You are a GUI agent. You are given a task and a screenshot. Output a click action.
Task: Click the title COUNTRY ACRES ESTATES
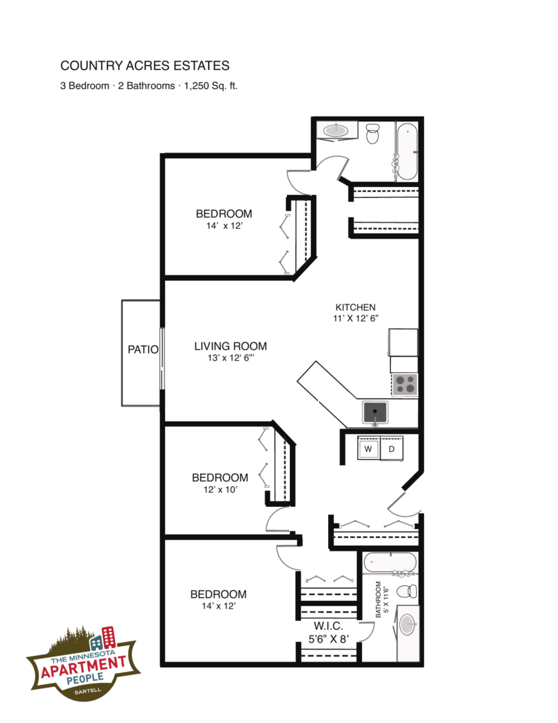(x=145, y=66)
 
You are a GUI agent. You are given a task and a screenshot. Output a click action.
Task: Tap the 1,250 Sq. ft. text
(x=211, y=85)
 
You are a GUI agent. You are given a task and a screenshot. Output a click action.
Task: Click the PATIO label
(x=142, y=349)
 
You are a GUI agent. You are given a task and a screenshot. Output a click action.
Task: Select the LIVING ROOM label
(x=231, y=346)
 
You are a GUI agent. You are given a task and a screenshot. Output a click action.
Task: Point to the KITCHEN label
(x=356, y=307)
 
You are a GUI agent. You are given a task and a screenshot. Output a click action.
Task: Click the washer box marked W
(x=369, y=448)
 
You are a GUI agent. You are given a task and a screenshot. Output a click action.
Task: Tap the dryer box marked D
(x=392, y=448)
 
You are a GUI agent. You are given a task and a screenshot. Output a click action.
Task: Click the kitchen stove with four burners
(x=405, y=385)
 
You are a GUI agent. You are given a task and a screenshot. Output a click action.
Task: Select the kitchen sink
(x=375, y=412)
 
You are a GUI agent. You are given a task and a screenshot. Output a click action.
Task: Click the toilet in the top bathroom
(x=372, y=133)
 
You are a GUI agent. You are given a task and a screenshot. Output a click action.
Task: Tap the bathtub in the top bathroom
(x=407, y=151)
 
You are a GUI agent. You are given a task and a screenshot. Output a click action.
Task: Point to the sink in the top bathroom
(x=336, y=131)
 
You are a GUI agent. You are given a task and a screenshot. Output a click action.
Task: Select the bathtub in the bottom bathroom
(x=390, y=563)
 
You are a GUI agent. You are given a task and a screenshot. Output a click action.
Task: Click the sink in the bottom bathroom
(x=407, y=625)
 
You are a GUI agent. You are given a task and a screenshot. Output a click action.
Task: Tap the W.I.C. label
(x=328, y=626)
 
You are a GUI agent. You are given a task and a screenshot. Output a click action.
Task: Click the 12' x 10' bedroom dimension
(x=220, y=490)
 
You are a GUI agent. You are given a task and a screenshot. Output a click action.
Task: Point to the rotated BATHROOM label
(x=378, y=599)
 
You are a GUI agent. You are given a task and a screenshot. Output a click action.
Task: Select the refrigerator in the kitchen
(x=404, y=342)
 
